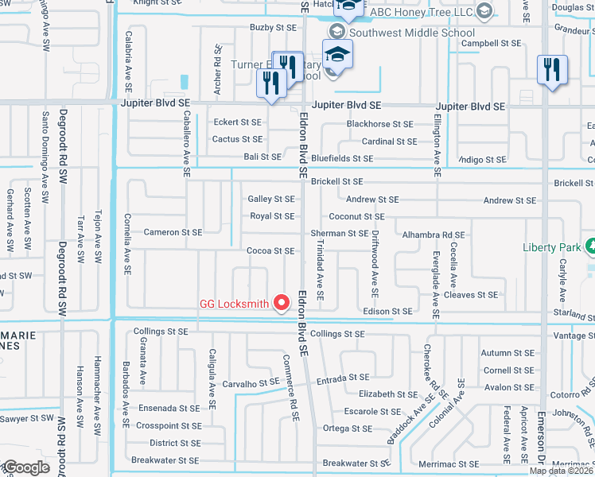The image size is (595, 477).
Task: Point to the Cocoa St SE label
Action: click(x=270, y=251)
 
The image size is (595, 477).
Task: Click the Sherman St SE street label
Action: click(x=340, y=233)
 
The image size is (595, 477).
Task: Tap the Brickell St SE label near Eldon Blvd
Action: click(x=336, y=182)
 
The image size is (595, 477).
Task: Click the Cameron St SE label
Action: click(x=173, y=233)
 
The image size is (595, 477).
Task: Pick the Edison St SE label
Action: click(x=387, y=312)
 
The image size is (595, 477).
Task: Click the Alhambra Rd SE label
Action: click(x=433, y=235)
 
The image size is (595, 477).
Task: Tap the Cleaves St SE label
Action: click(x=470, y=295)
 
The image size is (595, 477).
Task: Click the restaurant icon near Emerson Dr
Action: click(x=551, y=70)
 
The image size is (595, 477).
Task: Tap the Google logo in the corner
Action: click(x=25, y=467)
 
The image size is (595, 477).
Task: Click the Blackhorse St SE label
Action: click(x=379, y=124)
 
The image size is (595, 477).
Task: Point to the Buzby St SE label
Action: click(x=273, y=27)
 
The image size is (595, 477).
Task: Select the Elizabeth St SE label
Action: click(x=387, y=394)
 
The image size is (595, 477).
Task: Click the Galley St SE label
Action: click(x=271, y=200)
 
